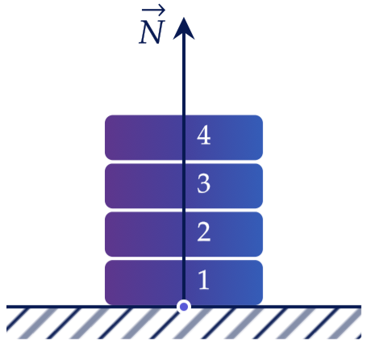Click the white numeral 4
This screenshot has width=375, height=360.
(203, 136)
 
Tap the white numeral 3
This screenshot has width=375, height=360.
(203, 183)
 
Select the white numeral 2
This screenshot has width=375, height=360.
(203, 232)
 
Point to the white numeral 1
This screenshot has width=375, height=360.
(204, 280)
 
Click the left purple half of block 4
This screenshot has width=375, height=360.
(144, 137)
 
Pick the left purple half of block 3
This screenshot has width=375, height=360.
(144, 186)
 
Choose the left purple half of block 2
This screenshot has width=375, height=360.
(144, 234)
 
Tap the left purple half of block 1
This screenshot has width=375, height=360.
(144, 283)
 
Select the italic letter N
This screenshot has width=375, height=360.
(151, 33)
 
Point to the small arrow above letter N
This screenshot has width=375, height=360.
(153, 10)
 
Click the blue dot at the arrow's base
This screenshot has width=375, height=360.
(184, 307)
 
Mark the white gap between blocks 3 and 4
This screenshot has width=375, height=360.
(184, 161)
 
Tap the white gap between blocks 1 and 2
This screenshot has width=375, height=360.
(184, 258)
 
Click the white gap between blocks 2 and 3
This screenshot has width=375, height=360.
(184, 210)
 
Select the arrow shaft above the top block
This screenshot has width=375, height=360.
(184, 77)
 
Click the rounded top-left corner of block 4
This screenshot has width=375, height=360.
(107, 117)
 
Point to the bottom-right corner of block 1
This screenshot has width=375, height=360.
(260, 303)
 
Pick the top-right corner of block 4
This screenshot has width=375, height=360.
(260, 117)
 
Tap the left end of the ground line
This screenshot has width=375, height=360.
(6, 307)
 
